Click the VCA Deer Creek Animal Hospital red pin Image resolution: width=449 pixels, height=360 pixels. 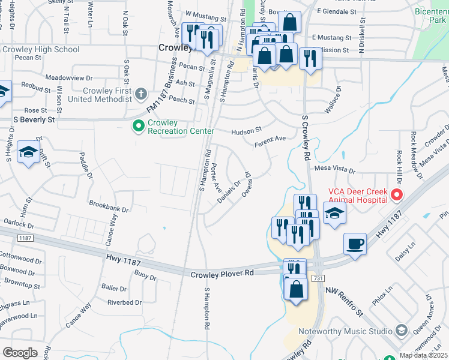click(396, 194)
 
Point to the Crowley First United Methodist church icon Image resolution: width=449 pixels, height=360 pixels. click(140, 93)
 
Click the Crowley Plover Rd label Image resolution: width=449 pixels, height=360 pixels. click(223, 274)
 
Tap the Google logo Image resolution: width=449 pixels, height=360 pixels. click(20, 353)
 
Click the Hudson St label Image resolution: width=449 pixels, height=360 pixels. click(247, 130)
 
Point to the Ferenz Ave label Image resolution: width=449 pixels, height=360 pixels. click(270, 141)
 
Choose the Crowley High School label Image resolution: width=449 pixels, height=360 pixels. click(41, 49)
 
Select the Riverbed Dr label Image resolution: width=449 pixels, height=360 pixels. click(124, 302)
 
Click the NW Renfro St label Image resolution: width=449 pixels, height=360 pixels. click(345, 302)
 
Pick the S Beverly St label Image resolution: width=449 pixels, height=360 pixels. click(34, 119)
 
